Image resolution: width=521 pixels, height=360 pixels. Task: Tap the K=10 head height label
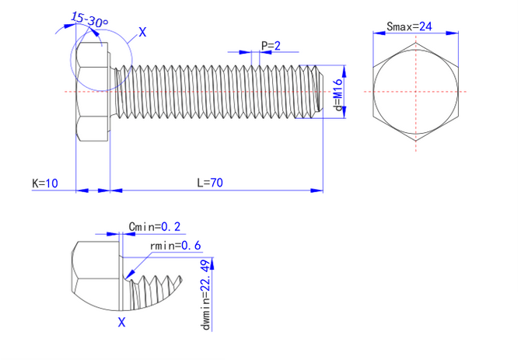44,183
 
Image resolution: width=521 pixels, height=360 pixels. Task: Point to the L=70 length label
210,183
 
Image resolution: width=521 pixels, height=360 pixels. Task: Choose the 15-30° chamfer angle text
89,19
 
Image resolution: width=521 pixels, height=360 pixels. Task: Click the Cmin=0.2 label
154,226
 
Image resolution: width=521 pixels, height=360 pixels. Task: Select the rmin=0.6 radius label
176,246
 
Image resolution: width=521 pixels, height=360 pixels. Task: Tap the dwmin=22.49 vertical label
206,295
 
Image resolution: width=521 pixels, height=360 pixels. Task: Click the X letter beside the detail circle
142,32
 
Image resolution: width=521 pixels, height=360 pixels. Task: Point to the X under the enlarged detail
121,321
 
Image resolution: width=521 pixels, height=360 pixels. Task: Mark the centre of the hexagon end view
417,93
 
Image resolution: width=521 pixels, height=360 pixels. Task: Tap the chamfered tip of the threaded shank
317,91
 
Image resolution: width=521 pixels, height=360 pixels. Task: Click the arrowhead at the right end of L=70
318,189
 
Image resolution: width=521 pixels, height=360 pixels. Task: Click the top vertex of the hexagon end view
417,42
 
